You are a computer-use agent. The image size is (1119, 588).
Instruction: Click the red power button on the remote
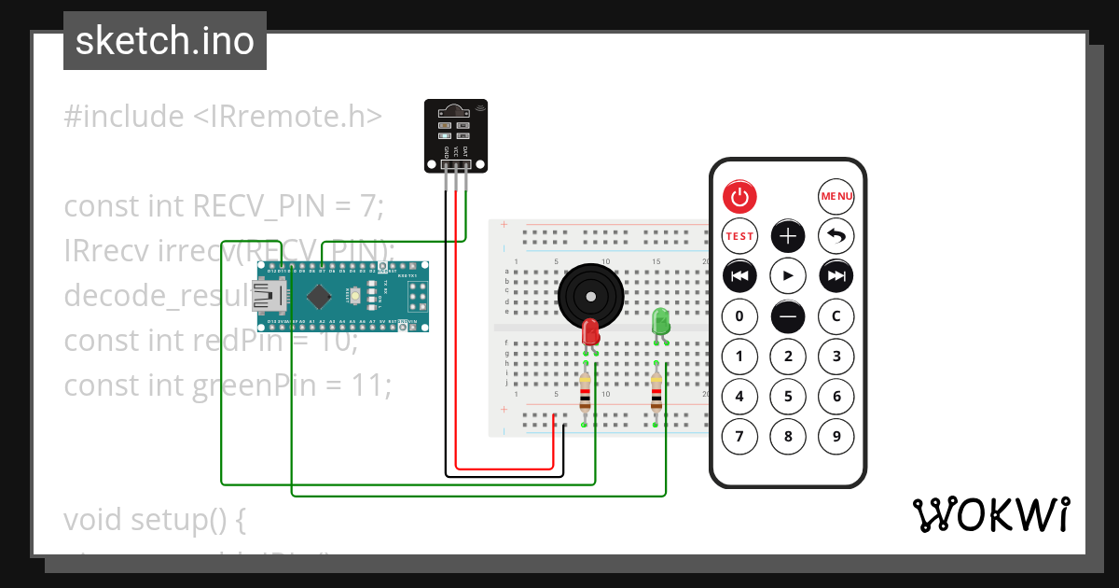[739, 197]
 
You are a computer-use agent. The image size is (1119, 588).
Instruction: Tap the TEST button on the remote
[739, 236]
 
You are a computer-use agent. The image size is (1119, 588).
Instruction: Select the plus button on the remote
[788, 236]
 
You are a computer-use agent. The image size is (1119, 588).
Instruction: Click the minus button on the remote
[788, 316]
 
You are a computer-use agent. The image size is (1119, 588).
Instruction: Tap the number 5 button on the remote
[788, 396]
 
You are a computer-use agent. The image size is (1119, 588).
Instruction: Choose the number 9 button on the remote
[836, 436]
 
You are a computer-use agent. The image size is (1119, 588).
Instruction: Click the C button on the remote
[836, 316]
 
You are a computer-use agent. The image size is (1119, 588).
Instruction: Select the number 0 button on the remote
[739, 316]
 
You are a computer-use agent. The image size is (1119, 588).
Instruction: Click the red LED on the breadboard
[589, 331]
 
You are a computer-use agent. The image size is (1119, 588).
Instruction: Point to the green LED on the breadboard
[661, 322]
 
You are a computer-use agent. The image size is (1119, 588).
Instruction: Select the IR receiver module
[455, 135]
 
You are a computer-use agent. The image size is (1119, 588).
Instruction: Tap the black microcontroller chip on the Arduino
[320, 297]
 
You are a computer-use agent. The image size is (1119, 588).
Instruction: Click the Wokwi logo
[990, 515]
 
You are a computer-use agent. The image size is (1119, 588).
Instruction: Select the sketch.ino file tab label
[165, 41]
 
